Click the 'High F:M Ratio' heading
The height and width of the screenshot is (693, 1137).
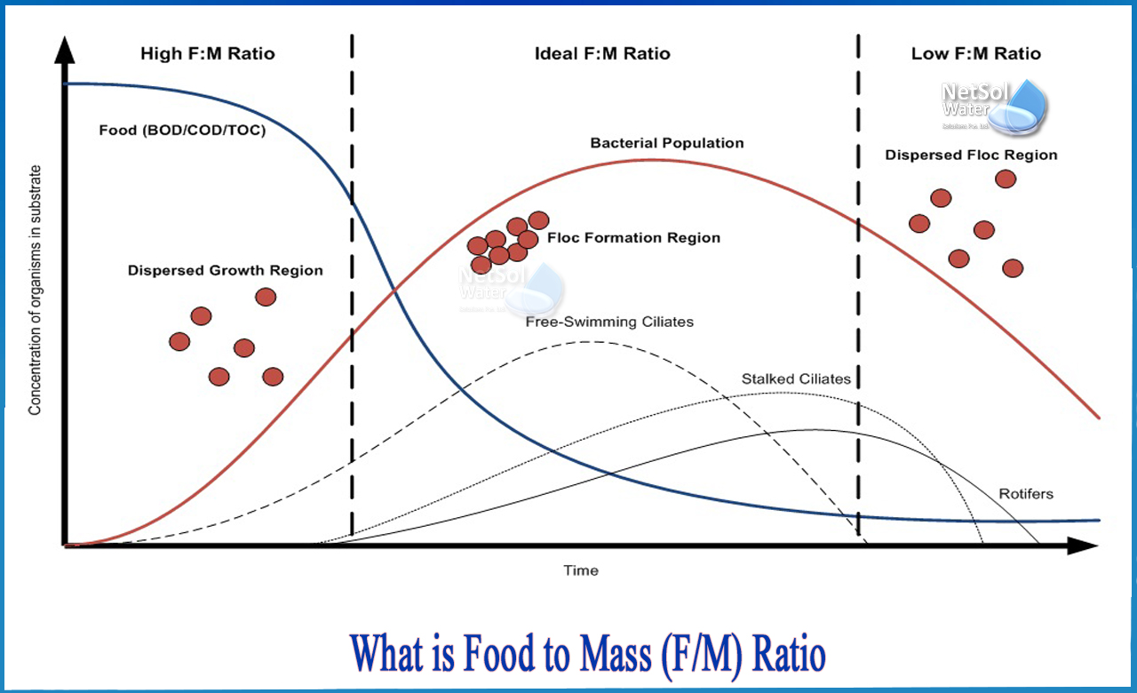pos(208,54)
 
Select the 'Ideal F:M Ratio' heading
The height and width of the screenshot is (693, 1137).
pos(602,54)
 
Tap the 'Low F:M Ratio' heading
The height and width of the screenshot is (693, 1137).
pos(975,54)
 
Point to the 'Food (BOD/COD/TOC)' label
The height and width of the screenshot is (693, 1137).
pos(182,131)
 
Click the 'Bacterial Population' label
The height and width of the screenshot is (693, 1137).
pos(667,143)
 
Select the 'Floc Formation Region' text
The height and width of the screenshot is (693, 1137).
pos(633,238)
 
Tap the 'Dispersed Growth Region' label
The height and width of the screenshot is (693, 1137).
pos(225,270)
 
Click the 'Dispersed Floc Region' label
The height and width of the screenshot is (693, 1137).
pos(971,155)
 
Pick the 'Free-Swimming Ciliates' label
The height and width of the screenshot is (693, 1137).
pos(609,322)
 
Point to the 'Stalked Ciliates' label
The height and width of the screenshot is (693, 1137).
pos(796,379)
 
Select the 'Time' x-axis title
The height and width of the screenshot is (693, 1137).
pos(581,570)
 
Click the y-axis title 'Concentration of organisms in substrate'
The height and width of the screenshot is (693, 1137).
pos(36,290)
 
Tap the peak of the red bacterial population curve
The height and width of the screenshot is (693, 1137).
pos(653,160)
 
